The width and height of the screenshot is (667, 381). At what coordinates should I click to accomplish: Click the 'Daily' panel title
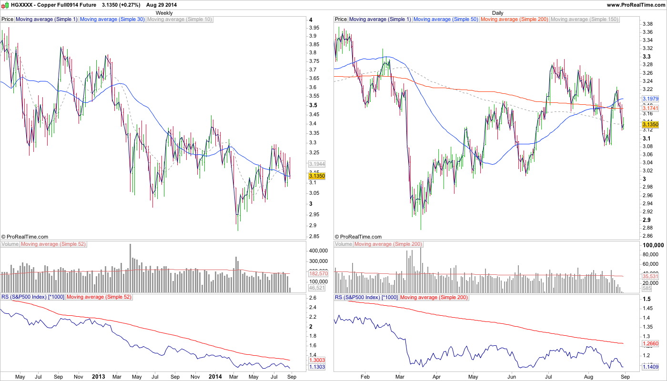(497, 13)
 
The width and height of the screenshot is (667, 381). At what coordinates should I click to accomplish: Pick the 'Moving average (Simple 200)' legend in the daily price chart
(515, 20)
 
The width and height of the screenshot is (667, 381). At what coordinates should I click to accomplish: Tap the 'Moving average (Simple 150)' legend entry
(584, 20)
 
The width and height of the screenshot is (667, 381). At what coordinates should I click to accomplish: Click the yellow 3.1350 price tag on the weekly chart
(317, 176)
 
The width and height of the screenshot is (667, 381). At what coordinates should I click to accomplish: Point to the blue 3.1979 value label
(650, 99)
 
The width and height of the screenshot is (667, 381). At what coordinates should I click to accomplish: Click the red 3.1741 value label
(650, 109)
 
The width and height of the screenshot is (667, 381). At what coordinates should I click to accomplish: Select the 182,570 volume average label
(317, 273)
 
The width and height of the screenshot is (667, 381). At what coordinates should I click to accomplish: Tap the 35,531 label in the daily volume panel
(650, 276)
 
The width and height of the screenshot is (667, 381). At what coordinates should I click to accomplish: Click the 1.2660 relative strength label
(650, 343)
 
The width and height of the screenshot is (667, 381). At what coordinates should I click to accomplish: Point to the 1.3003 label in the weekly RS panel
(317, 360)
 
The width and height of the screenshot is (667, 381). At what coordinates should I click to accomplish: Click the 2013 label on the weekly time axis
(98, 376)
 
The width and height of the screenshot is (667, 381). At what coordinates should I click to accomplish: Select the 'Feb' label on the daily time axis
(365, 376)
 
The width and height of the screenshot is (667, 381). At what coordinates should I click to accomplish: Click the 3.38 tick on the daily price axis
(647, 24)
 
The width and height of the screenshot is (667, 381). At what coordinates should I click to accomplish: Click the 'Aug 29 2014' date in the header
(162, 5)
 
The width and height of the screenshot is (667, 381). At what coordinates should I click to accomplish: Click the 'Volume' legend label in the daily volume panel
(344, 244)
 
